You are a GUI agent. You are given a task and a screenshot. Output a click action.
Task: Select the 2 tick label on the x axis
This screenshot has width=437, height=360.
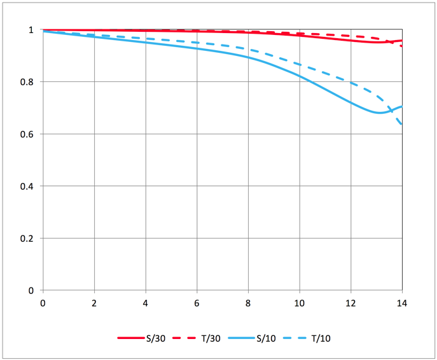[x=94, y=303]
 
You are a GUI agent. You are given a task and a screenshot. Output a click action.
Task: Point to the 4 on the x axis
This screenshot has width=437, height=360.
[x=146, y=303]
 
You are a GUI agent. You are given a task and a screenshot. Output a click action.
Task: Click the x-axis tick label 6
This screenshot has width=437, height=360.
[x=197, y=303]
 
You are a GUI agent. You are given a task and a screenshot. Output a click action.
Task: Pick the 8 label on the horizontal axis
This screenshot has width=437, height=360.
[x=248, y=303]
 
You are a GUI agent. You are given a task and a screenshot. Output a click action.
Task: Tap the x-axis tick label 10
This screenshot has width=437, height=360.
[x=299, y=303]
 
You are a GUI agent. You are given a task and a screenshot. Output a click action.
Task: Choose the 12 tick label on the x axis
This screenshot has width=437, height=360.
[x=350, y=303]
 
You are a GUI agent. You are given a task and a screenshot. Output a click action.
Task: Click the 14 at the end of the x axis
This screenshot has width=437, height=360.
[x=401, y=303]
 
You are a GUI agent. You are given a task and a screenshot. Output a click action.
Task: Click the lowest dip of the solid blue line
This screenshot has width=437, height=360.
[x=380, y=113]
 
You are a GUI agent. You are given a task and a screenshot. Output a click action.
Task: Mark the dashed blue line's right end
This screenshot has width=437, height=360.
[x=401, y=124]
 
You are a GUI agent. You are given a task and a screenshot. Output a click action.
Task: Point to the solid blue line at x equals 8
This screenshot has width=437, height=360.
[x=248, y=57]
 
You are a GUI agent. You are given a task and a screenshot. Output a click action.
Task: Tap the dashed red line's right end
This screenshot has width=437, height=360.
[x=401, y=46]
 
